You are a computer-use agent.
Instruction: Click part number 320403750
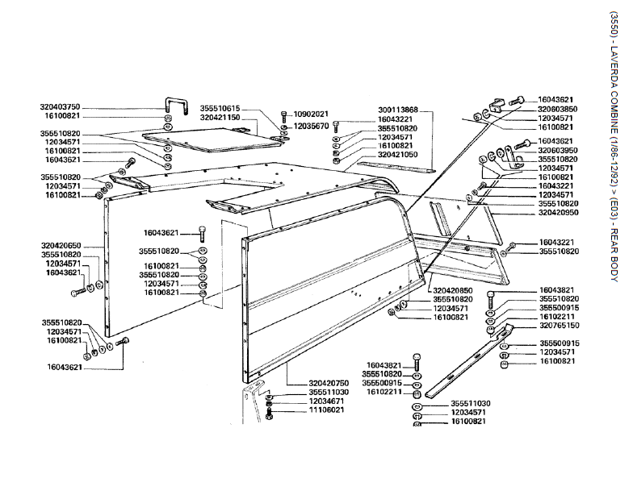tap(60, 107)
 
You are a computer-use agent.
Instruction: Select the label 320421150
tap(220, 118)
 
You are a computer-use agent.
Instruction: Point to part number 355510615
tap(220, 108)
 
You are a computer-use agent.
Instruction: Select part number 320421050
tap(397, 154)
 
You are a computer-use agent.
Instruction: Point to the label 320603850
tap(557, 108)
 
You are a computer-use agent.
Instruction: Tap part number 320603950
tap(557, 151)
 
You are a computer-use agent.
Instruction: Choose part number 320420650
tap(60, 223)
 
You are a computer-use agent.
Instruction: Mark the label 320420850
tap(452, 289)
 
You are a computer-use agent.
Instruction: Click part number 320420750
tap(329, 383)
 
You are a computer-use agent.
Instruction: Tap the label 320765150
tap(560, 326)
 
